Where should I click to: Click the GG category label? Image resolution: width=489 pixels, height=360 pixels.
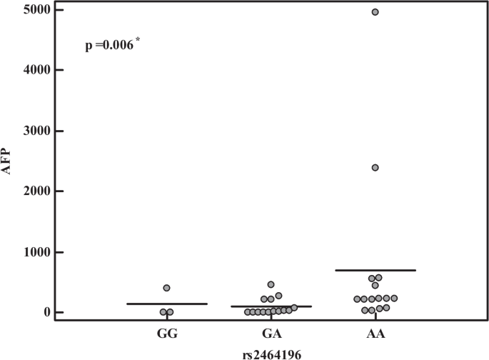pyautogui.click(x=167, y=333)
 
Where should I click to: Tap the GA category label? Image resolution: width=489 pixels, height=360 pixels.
pyautogui.click(x=271, y=333)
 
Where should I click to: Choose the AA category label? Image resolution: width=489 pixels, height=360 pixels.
pyautogui.click(x=375, y=333)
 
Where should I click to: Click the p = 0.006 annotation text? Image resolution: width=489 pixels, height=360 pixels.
pyautogui.click(x=109, y=46)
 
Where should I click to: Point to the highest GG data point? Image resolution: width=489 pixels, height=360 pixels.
pyautogui.click(x=166, y=288)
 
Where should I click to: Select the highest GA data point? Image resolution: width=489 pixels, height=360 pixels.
pyautogui.click(x=271, y=284)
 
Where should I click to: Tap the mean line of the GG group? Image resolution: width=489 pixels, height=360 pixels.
pyautogui.click(x=166, y=304)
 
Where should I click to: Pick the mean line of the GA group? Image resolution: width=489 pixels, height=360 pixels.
pyautogui.click(x=271, y=306)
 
